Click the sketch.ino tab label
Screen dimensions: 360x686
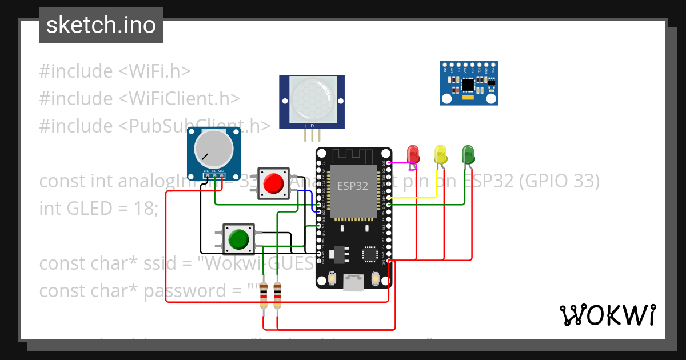pos(101,25)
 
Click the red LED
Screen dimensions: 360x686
pos(412,154)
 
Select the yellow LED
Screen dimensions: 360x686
pos(440,154)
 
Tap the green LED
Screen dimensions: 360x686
pos(468,154)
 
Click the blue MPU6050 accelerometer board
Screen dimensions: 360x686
pos(469,83)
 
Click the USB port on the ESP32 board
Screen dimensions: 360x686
pos(353,281)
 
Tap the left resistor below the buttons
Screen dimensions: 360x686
pos(263,295)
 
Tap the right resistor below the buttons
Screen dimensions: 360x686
pos(277,295)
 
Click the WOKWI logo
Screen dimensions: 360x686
pos(607,315)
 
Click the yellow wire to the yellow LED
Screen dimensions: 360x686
pos(417,198)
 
